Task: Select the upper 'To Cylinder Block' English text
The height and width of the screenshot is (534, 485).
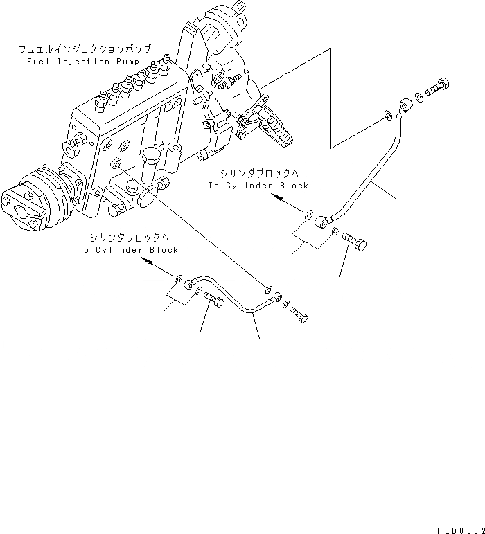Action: [258, 186]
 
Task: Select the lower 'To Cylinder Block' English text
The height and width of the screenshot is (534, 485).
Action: [128, 250]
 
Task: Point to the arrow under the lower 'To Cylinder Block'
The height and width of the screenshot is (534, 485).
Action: [148, 261]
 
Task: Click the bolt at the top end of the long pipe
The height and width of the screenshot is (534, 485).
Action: [437, 89]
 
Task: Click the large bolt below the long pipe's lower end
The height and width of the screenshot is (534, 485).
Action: [356, 242]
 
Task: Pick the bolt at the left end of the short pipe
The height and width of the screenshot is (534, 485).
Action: [213, 299]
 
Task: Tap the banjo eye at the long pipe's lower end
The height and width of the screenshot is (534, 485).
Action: [321, 223]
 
